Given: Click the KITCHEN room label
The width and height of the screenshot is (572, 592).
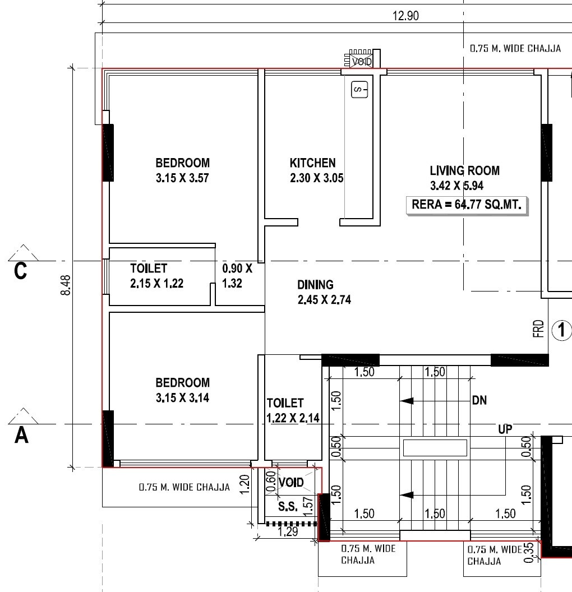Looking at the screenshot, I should [312, 163].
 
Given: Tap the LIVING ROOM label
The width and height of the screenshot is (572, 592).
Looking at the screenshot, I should [464, 171].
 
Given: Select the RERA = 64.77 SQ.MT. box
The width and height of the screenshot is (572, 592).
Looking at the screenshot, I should [467, 205].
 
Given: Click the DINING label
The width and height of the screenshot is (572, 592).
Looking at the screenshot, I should [315, 285].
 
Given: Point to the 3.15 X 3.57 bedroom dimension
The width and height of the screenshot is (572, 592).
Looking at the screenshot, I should [182, 179].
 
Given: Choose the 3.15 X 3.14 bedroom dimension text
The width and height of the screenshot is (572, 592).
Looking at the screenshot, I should [182, 399].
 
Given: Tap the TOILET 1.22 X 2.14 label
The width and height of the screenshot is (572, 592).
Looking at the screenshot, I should [285, 410].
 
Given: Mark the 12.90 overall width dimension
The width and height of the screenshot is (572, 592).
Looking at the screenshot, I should [405, 16].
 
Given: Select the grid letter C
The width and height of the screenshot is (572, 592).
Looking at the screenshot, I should [21, 271].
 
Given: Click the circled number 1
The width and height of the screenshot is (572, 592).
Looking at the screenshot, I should [561, 330].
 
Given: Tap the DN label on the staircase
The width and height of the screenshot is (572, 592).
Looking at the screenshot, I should [479, 401].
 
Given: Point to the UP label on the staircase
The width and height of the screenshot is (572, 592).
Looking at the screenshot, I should [505, 429].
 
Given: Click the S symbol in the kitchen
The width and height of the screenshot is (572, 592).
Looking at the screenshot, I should [359, 89].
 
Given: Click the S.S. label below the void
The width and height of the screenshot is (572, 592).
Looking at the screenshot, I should [288, 507].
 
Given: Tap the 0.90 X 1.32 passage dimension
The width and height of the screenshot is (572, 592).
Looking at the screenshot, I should [237, 276].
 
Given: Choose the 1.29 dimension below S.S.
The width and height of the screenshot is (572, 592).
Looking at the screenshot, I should [287, 532].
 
